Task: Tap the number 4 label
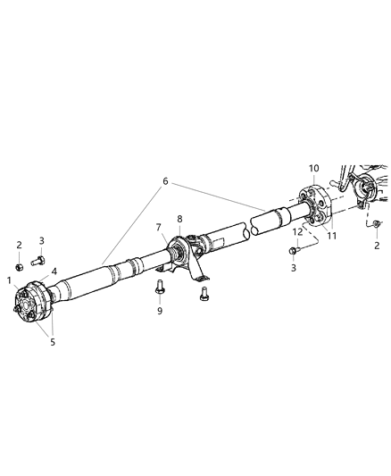point(54,271)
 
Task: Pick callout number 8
point(179,220)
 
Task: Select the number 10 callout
point(313,169)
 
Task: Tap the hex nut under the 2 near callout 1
point(20,265)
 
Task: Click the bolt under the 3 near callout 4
point(38,262)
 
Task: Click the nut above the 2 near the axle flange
point(378,222)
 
